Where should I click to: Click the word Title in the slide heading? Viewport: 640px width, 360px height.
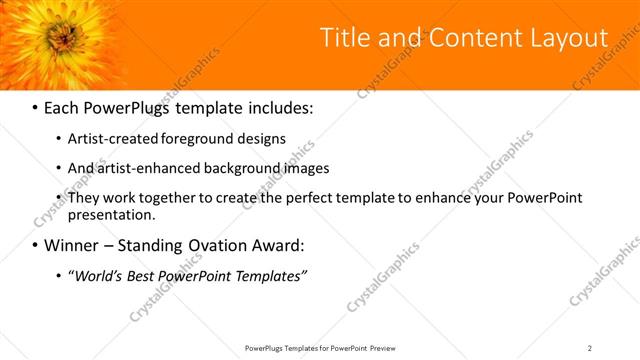coord(341,38)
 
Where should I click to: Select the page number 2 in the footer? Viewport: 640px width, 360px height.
coord(590,348)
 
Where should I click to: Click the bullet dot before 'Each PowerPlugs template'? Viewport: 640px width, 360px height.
coord(35,106)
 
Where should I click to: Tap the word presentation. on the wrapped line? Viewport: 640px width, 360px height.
coord(112,214)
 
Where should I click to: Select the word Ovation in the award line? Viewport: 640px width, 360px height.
coord(218,244)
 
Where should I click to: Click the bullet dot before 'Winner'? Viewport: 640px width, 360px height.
coord(35,245)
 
